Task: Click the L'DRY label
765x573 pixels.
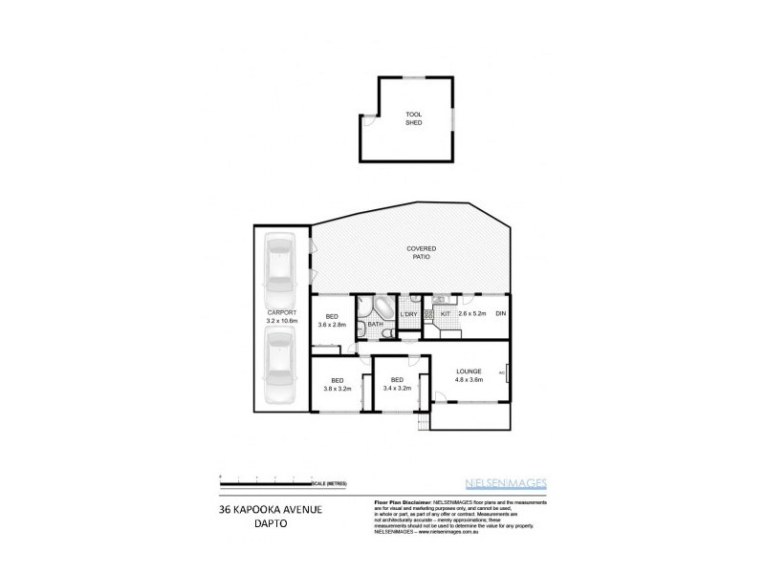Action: click(x=409, y=314)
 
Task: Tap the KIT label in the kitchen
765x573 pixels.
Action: click(x=446, y=313)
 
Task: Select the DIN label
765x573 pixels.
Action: click(x=500, y=314)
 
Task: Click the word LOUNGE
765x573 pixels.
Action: click(x=469, y=371)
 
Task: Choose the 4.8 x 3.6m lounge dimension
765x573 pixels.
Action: click(x=469, y=380)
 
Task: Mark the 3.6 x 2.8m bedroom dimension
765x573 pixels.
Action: click(x=333, y=326)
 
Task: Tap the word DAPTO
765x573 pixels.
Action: click(x=268, y=524)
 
